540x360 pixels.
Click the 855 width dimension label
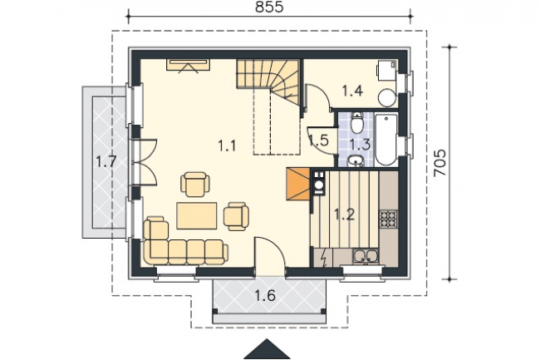tap(269, 7)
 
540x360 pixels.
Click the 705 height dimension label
tap(439, 163)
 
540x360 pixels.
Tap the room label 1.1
tap(227, 146)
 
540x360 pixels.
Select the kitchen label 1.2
tap(345, 215)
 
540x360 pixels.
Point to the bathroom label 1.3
tap(361, 145)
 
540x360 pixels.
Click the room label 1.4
tap(352, 91)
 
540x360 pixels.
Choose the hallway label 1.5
tap(318, 141)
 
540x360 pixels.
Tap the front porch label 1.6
tap(265, 296)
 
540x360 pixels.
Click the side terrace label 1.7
tap(106, 161)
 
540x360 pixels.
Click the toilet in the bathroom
tap(356, 122)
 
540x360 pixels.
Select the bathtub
tap(386, 140)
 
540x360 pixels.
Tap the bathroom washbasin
tap(356, 160)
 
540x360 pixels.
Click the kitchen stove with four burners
tap(389, 219)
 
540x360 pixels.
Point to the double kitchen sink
tap(365, 256)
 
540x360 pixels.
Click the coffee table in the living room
tap(197, 215)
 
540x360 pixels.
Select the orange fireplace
tap(298, 184)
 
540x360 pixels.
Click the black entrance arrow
tap(267, 349)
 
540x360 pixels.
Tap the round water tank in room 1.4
tap(387, 98)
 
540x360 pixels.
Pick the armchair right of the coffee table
tap(236, 216)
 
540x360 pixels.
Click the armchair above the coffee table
tap(195, 185)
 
